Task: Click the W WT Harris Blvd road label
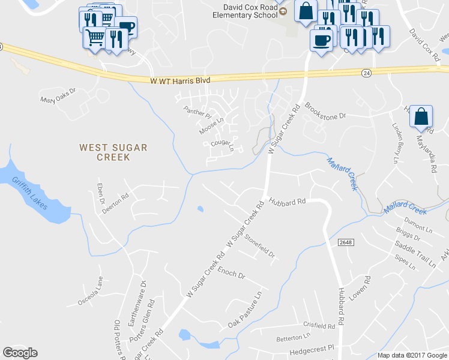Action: [x=179, y=80]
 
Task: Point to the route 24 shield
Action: [x=366, y=73]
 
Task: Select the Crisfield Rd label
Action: [x=319, y=325]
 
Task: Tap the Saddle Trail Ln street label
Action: [x=415, y=254]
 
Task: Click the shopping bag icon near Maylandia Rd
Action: [x=421, y=116]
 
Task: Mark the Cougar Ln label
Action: [x=222, y=145]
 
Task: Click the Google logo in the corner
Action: [x=20, y=353]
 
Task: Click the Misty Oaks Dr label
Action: [x=59, y=97]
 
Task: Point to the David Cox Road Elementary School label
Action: [x=251, y=11]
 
